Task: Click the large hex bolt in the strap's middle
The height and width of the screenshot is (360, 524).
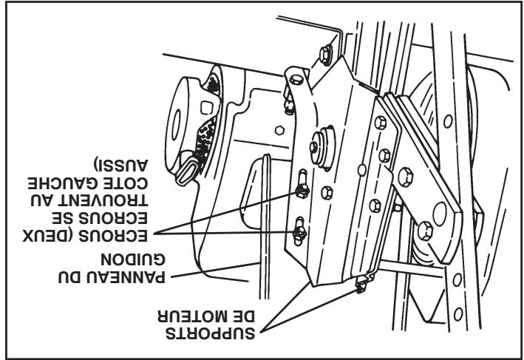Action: [405, 176]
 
